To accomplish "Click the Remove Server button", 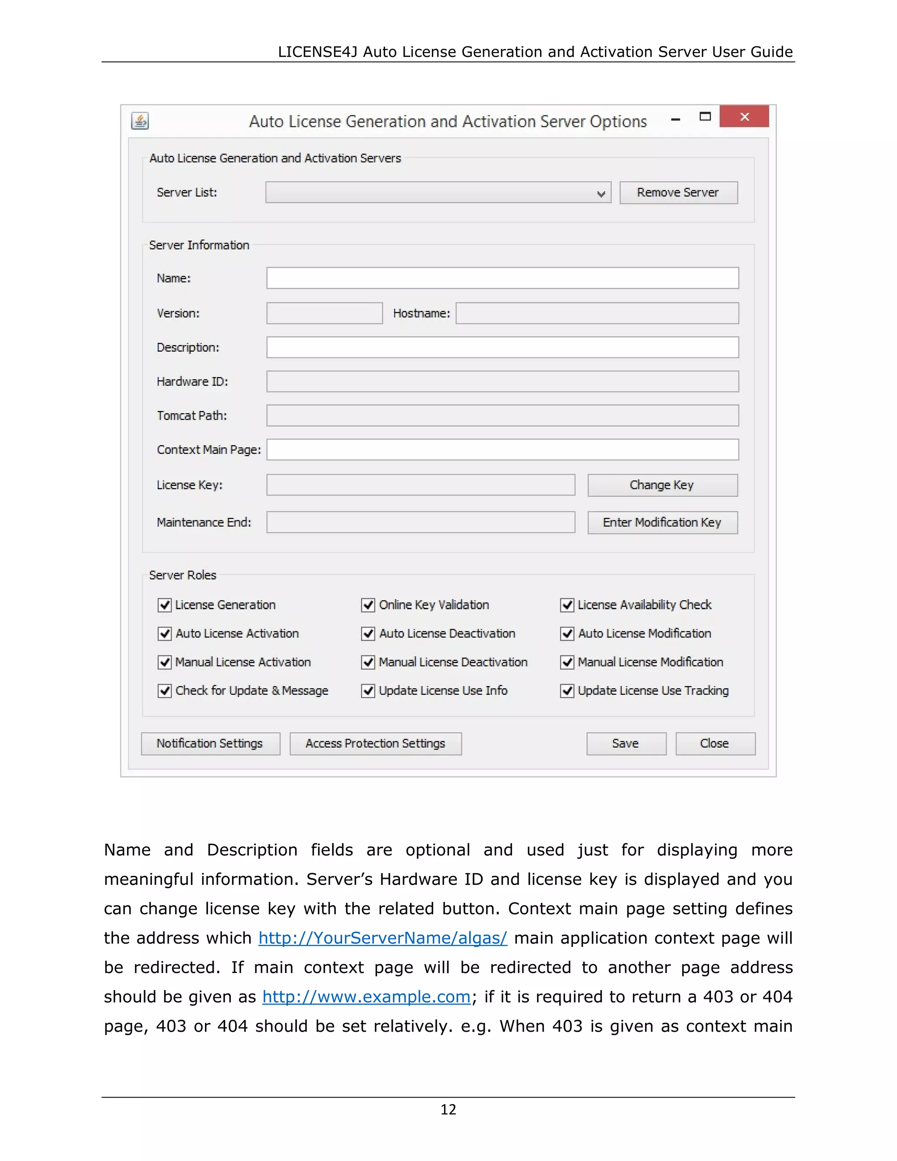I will tap(678, 192).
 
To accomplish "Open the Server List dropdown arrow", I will tap(601, 194).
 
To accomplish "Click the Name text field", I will tap(502, 278).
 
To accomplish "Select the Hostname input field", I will tap(597, 313).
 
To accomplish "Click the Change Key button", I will tap(662, 485).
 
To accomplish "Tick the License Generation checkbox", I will tap(165, 605).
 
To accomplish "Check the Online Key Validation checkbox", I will tap(368, 605).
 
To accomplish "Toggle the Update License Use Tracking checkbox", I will tap(567, 690).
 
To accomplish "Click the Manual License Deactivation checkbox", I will tap(368, 662).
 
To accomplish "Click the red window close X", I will tap(744, 117).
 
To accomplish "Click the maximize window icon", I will tap(705, 117).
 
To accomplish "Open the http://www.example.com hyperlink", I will tap(366, 996).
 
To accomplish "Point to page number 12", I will tap(448, 1109).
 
